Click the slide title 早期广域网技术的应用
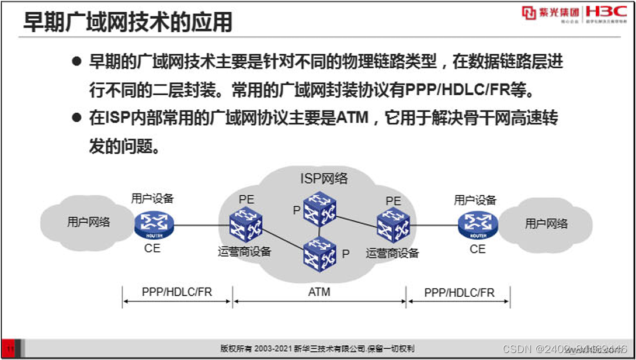(128, 22)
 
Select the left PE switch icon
(245, 224)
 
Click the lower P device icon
(319, 257)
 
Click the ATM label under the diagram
(319, 291)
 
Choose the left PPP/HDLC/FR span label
(177, 292)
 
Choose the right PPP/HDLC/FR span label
(460, 292)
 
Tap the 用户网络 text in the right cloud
(547, 223)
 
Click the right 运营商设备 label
(392, 253)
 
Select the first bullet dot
(76, 61)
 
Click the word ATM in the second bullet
(352, 118)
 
